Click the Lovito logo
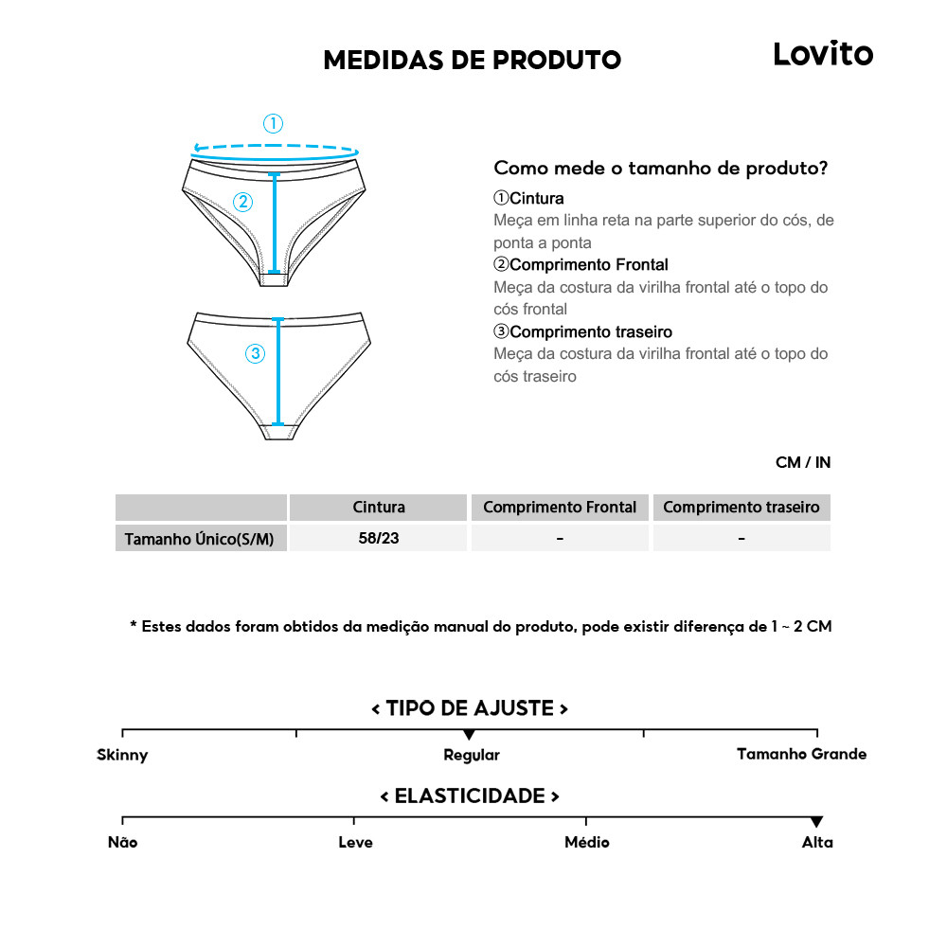[823, 54]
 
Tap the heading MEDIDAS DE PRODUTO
[472, 60]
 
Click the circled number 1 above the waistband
[273, 123]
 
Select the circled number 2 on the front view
[243, 201]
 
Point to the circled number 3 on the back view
[255, 354]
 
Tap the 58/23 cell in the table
[378, 538]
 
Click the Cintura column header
[378, 508]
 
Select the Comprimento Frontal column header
[560, 508]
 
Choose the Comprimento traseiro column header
[741, 508]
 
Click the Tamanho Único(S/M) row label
[200, 539]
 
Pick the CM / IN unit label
[802, 463]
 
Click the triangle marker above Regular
[469, 735]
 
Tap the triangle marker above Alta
[816, 822]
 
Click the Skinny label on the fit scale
[122, 756]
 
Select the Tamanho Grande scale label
[801, 755]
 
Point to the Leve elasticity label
[355, 843]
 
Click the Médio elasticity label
[586, 843]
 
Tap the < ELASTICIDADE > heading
[470, 796]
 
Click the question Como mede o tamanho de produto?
[661, 169]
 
